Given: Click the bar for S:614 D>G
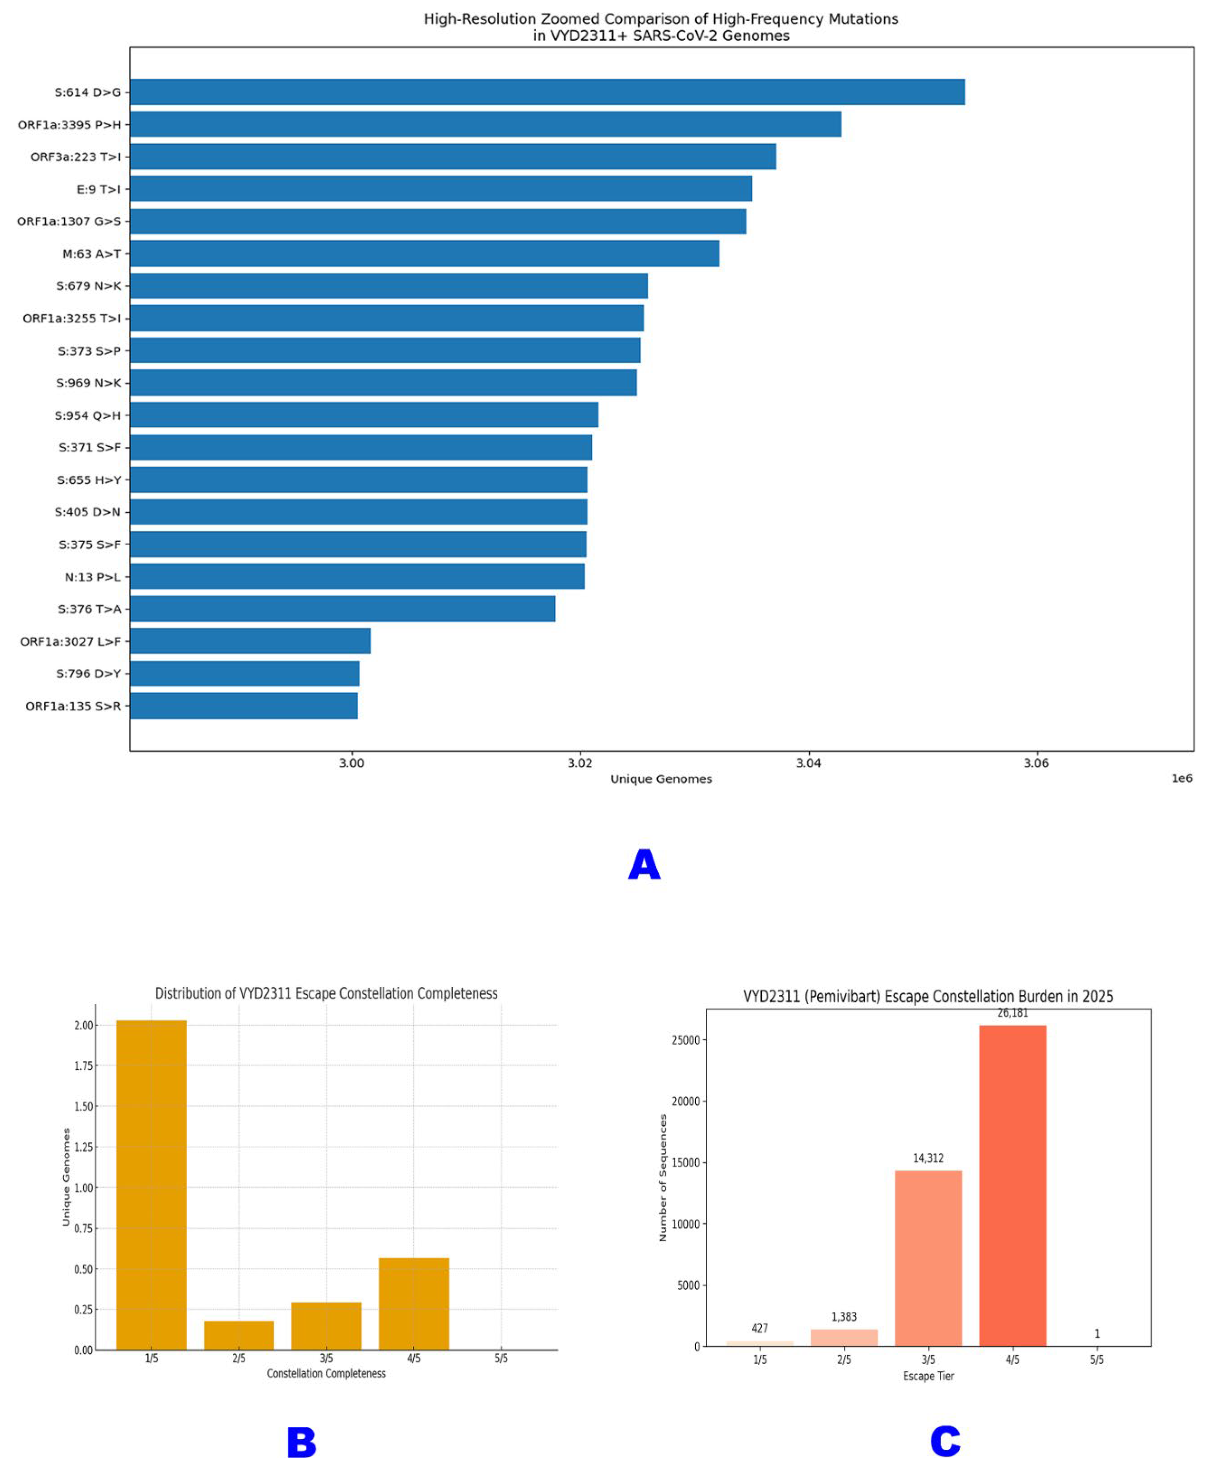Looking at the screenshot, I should (547, 92).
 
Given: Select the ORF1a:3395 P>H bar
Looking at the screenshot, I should (485, 124).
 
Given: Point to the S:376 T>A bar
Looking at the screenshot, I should (342, 608).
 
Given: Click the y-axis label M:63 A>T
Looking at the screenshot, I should (91, 254).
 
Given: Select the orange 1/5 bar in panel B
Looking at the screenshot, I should (151, 1184).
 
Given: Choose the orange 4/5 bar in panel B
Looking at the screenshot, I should (414, 1303).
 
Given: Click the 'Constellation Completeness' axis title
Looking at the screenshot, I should (326, 1373).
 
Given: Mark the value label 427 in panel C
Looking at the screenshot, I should (760, 1328).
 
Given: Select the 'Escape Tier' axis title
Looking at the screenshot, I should (928, 1376).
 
